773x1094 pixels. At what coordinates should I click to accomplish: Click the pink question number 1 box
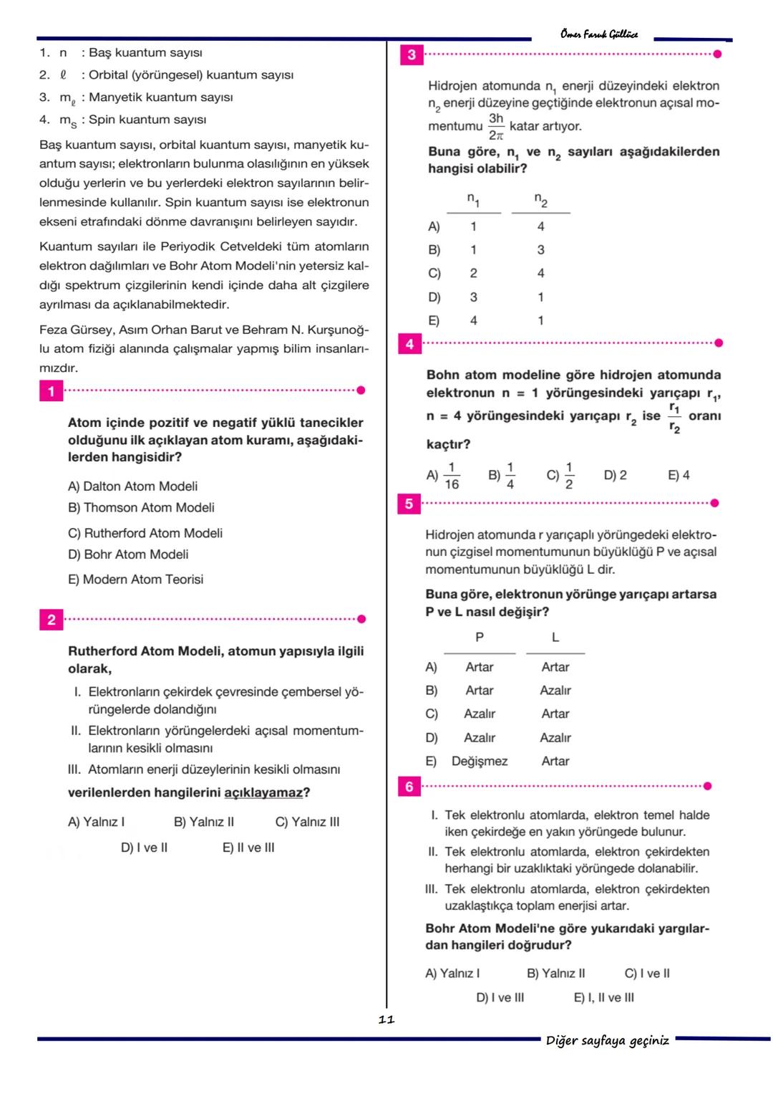click(x=51, y=391)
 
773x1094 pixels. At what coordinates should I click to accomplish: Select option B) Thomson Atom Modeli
click(x=141, y=507)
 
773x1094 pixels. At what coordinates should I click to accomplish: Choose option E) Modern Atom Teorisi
click(x=135, y=579)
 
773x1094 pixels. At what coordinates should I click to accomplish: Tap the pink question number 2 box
click(x=51, y=620)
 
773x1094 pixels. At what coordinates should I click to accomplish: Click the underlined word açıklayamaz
click(x=263, y=792)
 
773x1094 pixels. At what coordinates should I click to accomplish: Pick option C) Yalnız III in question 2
click(x=307, y=822)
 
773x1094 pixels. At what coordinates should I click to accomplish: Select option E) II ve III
click(x=248, y=848)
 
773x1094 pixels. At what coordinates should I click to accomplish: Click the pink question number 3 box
click(x=411, y=54)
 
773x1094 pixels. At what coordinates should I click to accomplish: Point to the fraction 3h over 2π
click(x=496, y=126)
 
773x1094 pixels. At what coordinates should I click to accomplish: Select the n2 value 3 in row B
click(x=540, y=250)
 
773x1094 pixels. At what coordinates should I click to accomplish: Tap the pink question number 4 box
click(x=409, y=345)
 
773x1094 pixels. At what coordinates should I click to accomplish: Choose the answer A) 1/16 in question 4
click(x=444, y=476)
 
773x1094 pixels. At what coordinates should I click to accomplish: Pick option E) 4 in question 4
click(x=679, y=475)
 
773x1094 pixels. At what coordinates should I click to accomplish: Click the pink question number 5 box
click(x=409, y=504)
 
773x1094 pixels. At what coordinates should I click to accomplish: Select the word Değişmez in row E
click(x=479, y=761)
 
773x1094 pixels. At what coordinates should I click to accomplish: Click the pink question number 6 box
click(x=409, y=787)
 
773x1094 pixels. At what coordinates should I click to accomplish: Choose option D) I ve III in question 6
click(x=500, y=997)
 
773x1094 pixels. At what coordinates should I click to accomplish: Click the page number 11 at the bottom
click(x=386, y=1019)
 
